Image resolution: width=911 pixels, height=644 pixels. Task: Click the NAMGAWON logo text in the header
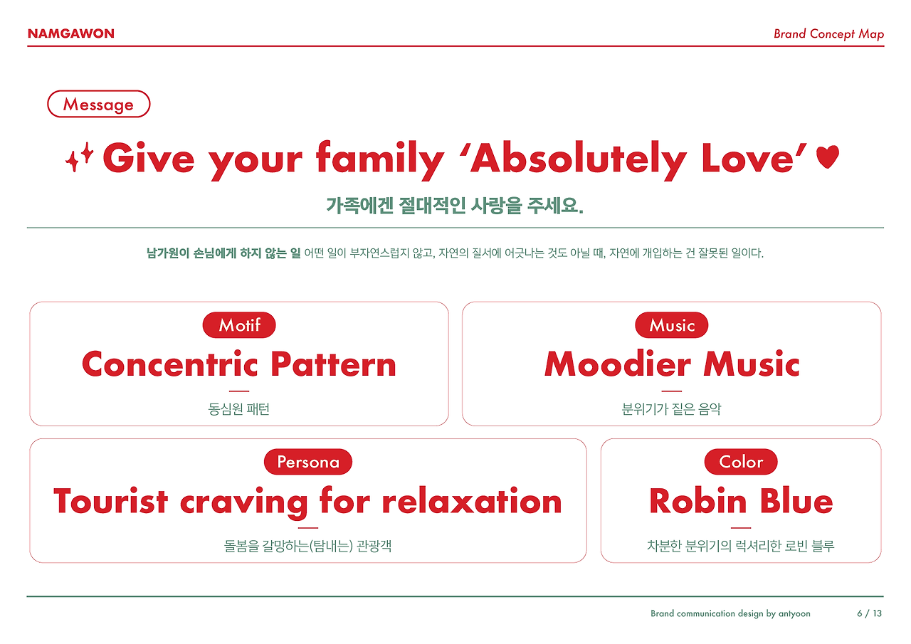tap(70, 33)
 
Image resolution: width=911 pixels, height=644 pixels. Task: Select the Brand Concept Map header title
tap(828, 33)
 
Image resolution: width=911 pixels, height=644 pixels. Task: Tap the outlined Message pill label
tap(98, 105)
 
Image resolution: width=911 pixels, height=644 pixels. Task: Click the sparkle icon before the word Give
tap(79, 158)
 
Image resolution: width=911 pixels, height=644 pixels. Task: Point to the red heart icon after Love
tap(828, 157)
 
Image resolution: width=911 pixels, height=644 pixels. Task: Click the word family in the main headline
tap(380, 158)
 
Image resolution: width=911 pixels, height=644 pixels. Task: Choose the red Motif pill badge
tap(239, 325)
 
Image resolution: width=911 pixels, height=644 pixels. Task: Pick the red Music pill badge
tap(671, 325)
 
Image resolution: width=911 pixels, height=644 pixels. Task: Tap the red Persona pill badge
tap(308, 462)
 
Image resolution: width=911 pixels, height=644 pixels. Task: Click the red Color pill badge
tap(741, 462)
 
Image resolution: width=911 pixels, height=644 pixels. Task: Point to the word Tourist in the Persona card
tap(110, 501)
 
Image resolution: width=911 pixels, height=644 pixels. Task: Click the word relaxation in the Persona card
tap(472, 501)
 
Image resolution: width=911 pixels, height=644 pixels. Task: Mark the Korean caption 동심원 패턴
tap(239, 410)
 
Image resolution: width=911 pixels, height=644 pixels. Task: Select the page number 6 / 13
tap(869, 613)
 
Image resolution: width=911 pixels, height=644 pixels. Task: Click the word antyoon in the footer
tap(794, 613)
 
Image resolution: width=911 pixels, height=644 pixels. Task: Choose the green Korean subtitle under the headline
tap(455, 206)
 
